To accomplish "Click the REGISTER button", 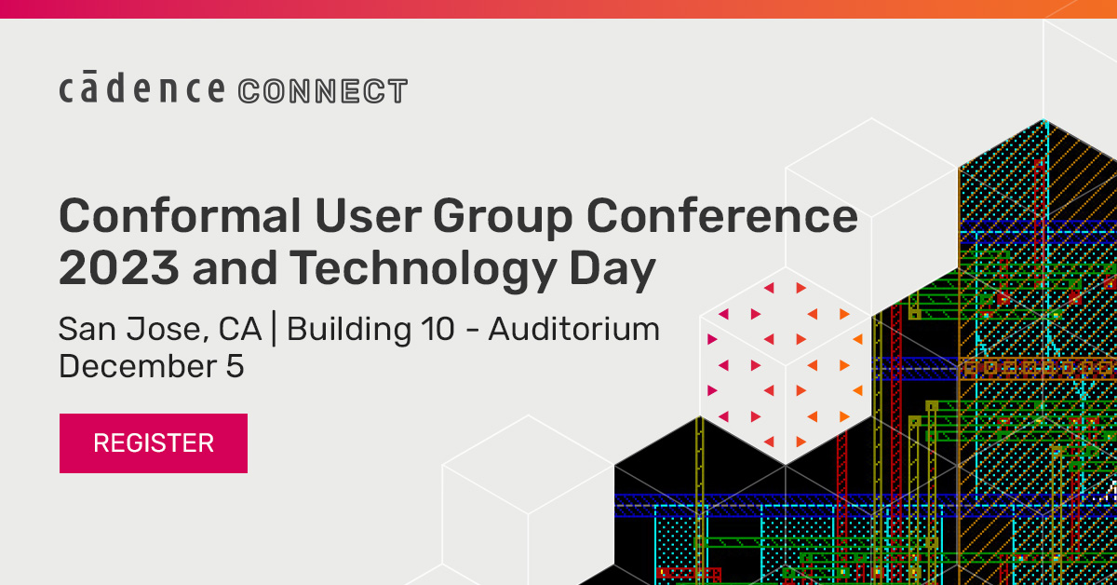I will point(154,442).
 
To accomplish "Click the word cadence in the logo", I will point(141,90).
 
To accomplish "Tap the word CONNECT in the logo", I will point(323,91).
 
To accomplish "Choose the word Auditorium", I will point(573,330).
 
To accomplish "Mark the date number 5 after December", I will point(235,366).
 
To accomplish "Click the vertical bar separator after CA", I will point(274,330).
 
